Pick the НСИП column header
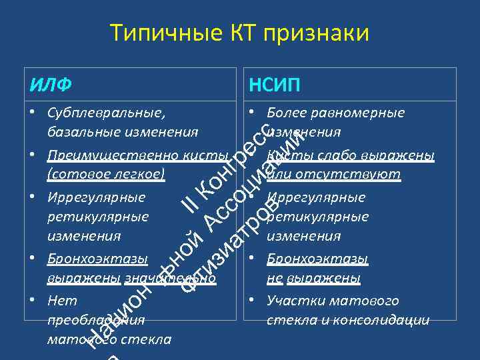click(274, 85)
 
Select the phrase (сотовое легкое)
click(105, 174)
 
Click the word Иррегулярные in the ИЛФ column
click(97, 198)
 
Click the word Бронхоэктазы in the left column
click(97, 259)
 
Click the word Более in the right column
click(284, 113)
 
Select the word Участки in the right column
click(291, 301)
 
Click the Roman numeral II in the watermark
click(193, 207)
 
